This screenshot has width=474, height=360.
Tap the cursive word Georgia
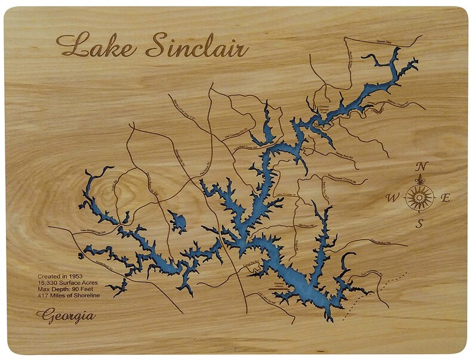pyautogui.click(x=65, y=315)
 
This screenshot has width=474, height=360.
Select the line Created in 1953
pyautogui.click(x=60, y=276)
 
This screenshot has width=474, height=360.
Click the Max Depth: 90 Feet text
pyautogui.click(x=66, y=290)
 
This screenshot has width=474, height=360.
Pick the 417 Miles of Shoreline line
pyautogui.click(x=68, y=296)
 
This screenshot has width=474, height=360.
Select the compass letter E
pyautogui.click(x=445, y=198)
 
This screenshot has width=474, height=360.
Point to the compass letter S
pyautogui.click(x=420, y=224)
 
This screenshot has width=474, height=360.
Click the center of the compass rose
pyautogui.click(x=420, y=197)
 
